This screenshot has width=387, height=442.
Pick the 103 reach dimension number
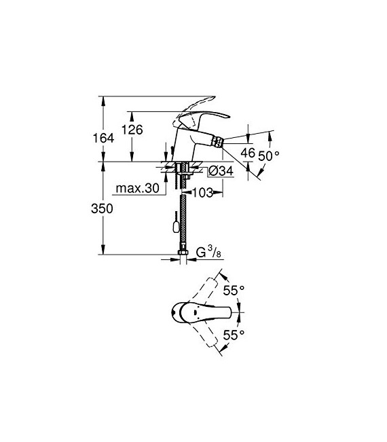click(201, 193)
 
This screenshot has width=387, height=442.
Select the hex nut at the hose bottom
click(182, 255)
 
